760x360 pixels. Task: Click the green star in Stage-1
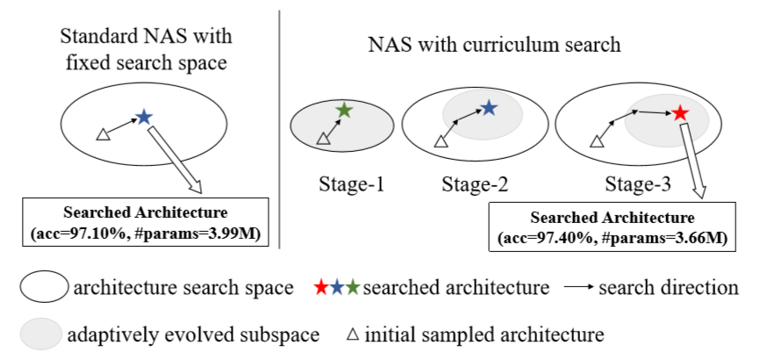tap(345, 111)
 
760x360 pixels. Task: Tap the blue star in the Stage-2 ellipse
tap(490, 108)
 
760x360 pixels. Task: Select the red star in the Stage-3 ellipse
tap(679, 112)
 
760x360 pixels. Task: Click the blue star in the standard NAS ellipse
tap(143, 116)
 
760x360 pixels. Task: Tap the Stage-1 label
tap(343, 184)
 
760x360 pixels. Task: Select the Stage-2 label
tap(477, 184)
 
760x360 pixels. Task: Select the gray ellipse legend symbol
tap(43, 335)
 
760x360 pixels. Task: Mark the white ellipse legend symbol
tap(43, 287)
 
